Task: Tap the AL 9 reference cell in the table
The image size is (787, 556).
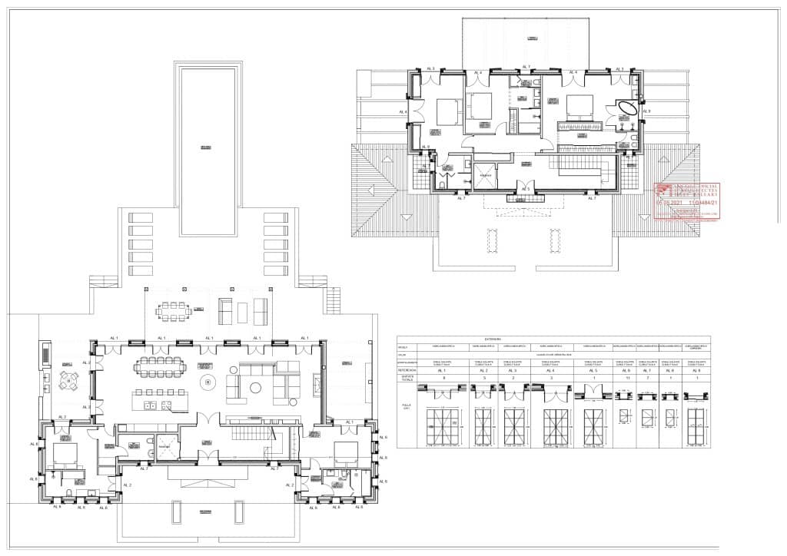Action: coord(697,370)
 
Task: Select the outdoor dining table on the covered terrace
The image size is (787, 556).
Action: coord(174,311)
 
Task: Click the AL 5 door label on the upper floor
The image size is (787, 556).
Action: coord(526,189)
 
